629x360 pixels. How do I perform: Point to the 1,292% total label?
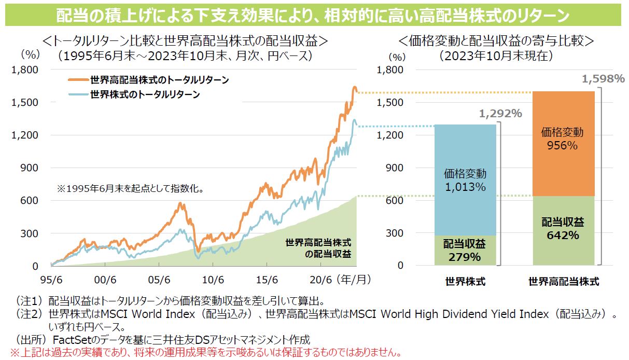[x=500, y=113]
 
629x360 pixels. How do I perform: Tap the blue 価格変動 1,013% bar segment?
[x=465, y=179]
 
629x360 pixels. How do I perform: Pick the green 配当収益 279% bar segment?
[x=465, y=250]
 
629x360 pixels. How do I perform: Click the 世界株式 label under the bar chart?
[x=465, y=282]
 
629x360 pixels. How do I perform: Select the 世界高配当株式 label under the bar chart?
[x=564, y=282]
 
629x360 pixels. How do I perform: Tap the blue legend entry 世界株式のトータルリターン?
[x=145, y=94]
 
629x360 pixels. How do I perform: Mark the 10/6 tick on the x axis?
[x=213, y=279]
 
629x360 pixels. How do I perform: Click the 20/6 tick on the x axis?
[x=320, y=279]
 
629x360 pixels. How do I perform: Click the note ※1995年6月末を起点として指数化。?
[x=129, y=188]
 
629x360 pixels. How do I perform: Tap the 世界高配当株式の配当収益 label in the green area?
[x=318, y=248]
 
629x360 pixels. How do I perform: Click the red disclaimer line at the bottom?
[x=202, y=353]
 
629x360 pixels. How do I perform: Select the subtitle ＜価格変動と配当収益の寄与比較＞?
[x=496, y=41]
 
